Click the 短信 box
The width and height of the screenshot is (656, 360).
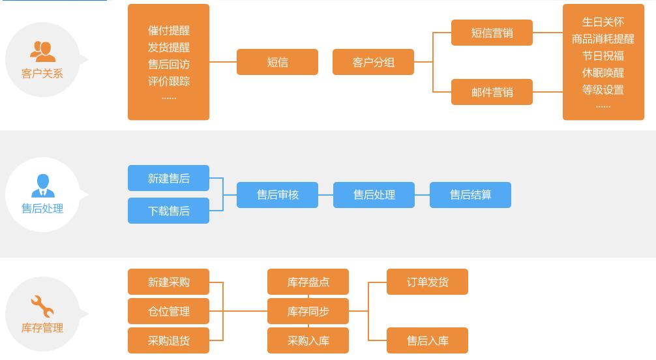click(277, 63)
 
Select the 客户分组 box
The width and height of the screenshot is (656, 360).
click(373, 63)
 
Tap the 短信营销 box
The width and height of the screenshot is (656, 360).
click(492, 33)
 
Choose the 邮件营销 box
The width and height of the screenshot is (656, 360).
click(492, 92)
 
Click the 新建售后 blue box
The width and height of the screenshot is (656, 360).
click(168, 178)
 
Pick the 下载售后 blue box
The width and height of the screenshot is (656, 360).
click(168, 211)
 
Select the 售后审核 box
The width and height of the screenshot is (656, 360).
click(277, 195)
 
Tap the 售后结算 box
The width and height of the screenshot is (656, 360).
click(470, 195)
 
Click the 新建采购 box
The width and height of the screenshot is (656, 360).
click(168, 282)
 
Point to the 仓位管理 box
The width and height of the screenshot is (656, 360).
click(168, 311)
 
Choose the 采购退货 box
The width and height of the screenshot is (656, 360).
click(168, 340)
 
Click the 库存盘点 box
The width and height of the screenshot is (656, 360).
click(308, 282)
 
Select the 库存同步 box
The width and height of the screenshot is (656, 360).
click(308, 311)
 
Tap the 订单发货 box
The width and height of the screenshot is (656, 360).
click(427, 282)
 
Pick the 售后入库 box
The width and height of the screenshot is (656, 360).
click(427, 340)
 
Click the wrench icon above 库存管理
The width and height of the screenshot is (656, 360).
click(42, 306)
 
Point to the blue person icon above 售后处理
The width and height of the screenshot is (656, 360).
click(42, 185)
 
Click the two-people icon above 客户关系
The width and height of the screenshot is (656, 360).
click(42, 51)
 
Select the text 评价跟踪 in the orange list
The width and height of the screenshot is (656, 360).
click(168, 81)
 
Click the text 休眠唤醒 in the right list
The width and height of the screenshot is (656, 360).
click(603, 72)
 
